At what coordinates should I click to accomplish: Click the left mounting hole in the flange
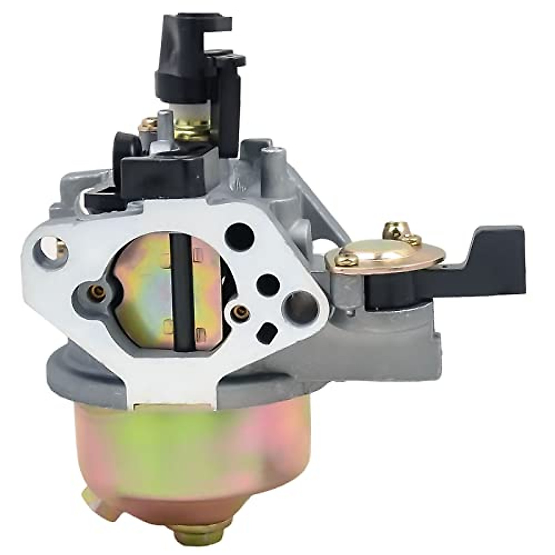click(x=54, y=252)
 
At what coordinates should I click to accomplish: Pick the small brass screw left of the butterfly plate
click(x=95, y=291)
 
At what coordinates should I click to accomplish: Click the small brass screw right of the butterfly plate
click(x=240, y=314)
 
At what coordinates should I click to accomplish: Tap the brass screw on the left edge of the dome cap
click(x=344, y=260)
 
